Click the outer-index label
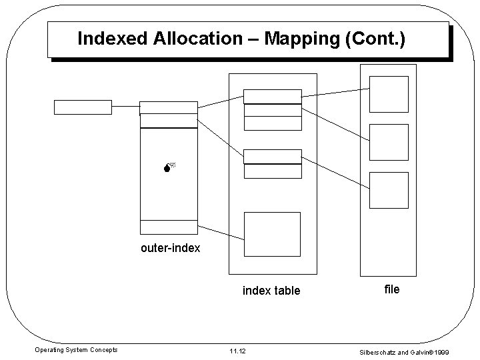[170, 249]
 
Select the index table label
[271, 291]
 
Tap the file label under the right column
[392, 289]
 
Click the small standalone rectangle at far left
[83, 107]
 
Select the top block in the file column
[389, 93]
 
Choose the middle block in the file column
[389, 141]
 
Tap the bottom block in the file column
[389, 189]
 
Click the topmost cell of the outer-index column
[169, 107]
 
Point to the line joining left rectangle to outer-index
[125, 107]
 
